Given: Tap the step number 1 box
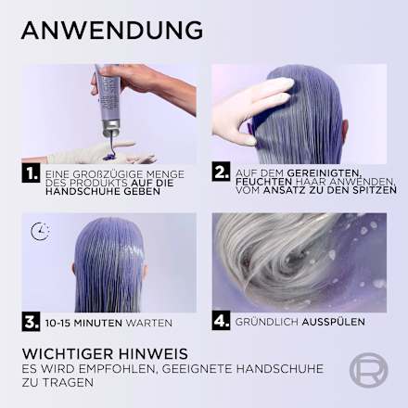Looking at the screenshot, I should pos(31,172).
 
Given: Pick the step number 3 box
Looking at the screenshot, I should pos(31,322).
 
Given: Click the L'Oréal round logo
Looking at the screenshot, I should pos(367,370).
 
